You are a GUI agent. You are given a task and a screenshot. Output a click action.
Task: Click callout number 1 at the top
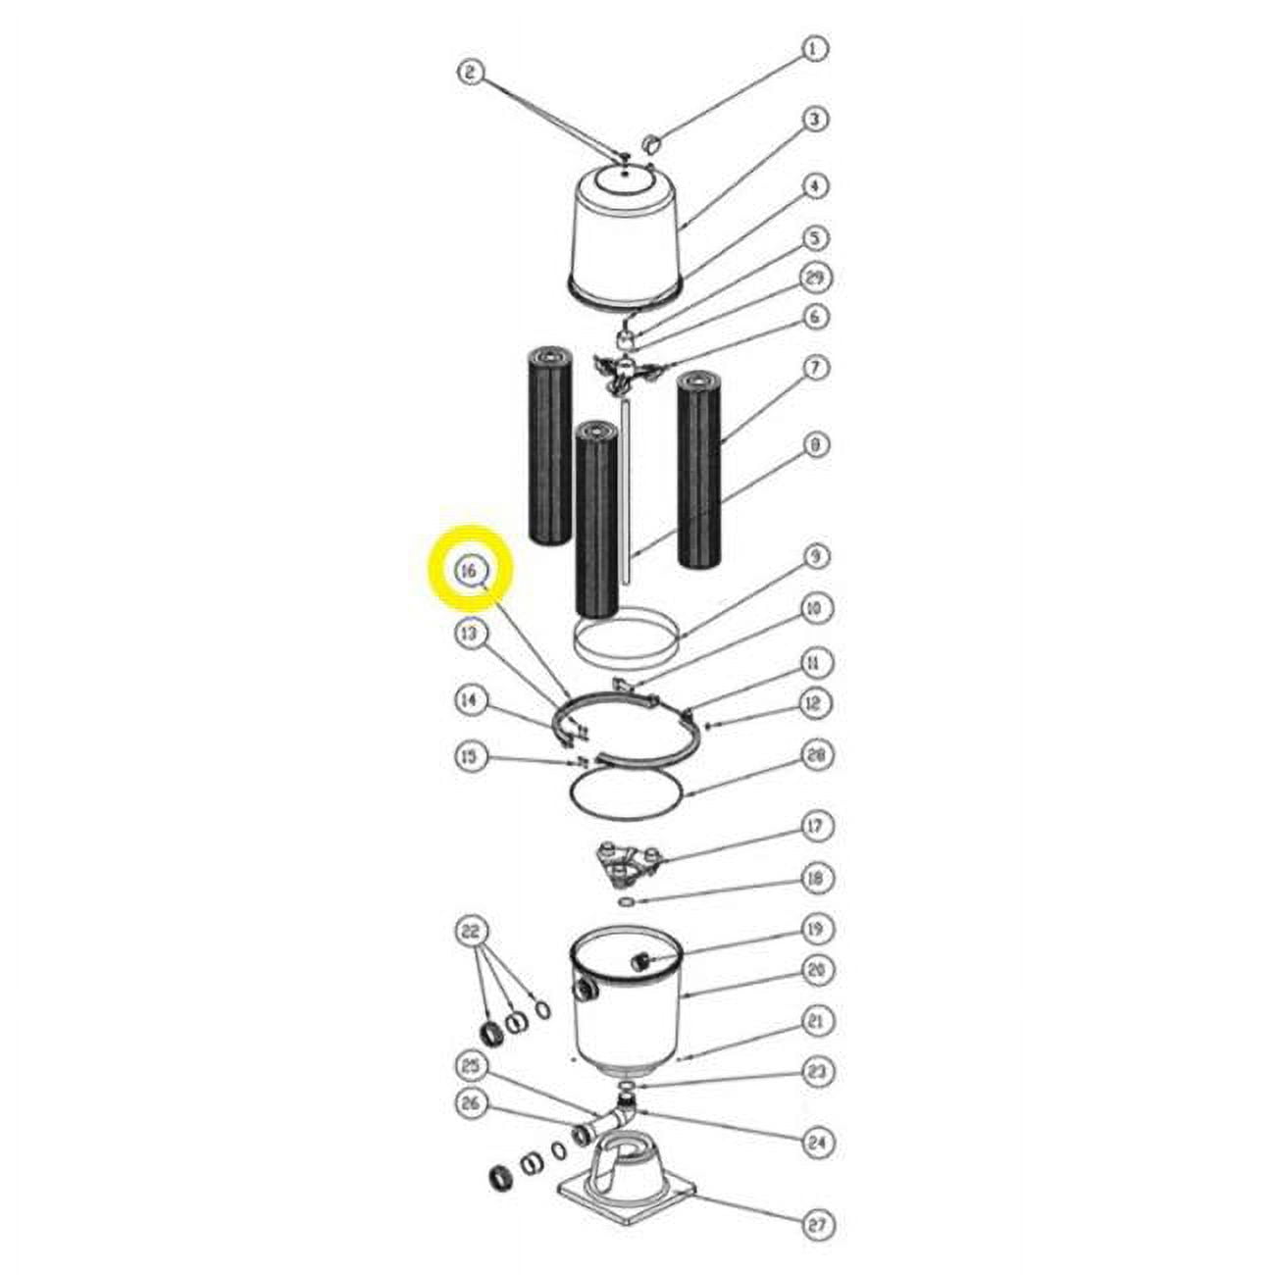click(x=813, y=48)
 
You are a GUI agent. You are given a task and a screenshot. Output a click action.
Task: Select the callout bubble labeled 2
click(x=472, y=73)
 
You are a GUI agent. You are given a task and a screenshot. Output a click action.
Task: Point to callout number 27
click(x=818, y=1224)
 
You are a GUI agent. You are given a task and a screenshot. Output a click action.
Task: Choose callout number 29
click(x=814, y=279)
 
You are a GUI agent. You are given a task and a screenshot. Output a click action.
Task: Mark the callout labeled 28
click(x=816, y=755)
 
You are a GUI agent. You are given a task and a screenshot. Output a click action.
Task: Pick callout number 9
click(x=815, y=556)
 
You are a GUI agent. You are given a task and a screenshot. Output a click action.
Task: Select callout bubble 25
click(x=472, y=1066)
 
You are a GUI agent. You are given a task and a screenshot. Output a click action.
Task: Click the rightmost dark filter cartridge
click(x=700, y=467)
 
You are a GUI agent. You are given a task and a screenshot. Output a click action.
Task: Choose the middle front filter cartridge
click(x=597, y=520)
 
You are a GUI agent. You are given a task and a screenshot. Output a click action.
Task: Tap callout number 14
click(x=472, y=700)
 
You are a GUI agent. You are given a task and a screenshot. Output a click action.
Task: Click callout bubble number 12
click(x=815, y=702)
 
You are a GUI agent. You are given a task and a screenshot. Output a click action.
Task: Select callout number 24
click(x=816, y=1142)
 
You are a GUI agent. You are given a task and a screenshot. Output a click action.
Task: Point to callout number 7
click(x=815, y=368)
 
